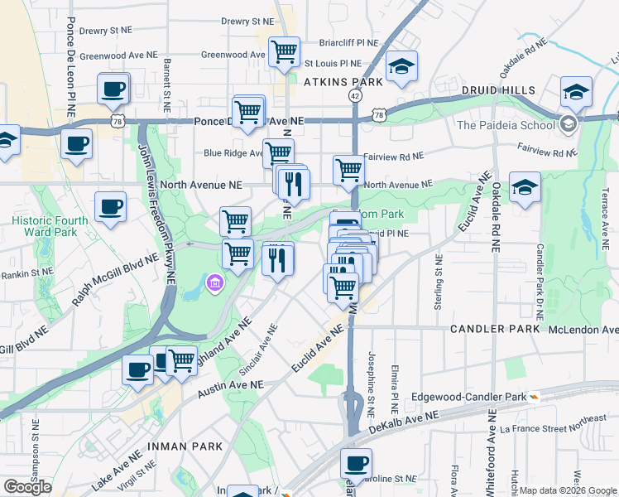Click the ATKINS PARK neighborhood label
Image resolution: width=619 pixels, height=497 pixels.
[x=343, y=82]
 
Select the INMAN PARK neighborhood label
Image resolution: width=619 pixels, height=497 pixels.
[x=185, y=446]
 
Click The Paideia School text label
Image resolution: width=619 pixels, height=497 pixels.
[x=506, y=125]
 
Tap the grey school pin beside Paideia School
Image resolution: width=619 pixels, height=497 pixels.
[x=568, y=125]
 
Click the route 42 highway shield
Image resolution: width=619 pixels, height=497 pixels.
[x=355, y=96]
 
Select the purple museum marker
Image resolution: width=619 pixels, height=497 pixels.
[x=214, y=285]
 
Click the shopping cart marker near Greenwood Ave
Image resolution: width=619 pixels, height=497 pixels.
[x=284, y=52]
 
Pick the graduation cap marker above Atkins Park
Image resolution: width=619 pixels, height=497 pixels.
[x=401, y=68]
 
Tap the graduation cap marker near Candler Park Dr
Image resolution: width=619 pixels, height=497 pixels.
[x=525, y=188]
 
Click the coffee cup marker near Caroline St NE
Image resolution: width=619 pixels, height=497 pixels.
[x=356, y=464]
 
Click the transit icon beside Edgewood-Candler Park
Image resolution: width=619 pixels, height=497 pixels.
[x=535, y=397]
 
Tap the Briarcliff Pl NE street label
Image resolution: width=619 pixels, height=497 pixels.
[x=349, y=43]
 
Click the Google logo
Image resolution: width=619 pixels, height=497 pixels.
[x=27, y=487]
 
